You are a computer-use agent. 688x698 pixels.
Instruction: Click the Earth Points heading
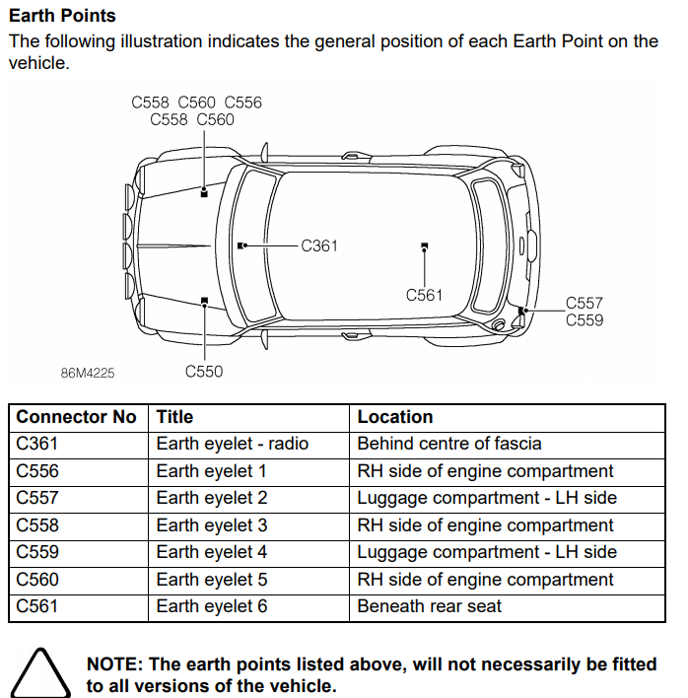(x=62, y=16)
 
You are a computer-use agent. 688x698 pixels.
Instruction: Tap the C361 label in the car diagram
(x=319, y=245)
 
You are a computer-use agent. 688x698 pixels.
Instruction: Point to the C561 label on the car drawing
(x=424, y=295)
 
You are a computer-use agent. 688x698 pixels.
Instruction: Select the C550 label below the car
(x=204, y=372)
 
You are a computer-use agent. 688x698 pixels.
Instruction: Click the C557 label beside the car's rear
(x=584, y=304)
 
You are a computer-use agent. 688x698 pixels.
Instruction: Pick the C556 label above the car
(x=243, y=103)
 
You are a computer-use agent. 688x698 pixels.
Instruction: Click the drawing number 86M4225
(x=88, y=373)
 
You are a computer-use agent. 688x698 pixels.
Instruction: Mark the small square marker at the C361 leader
(x=241, y=245)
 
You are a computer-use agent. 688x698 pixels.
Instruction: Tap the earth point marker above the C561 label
(x=424, y=245)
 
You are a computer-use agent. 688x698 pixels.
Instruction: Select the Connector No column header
(x=76, y=417)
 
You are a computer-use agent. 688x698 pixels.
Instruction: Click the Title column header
(x=174, y=417)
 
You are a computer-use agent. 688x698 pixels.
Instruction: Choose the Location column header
(x=395, y=417)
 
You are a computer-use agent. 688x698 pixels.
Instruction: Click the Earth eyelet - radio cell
(x=232, y=444)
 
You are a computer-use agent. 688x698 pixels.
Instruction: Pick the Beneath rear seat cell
(x=429, y=606)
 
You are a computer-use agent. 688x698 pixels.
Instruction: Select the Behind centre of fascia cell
(x=449, y=444)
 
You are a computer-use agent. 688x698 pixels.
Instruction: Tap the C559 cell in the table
(x=37, y=552)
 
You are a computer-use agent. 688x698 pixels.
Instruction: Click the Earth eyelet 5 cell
(x=211, y=580)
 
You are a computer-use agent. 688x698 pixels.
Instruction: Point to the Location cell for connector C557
(x=486, y=498)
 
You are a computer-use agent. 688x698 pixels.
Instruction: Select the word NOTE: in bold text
(x=115, y=664)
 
